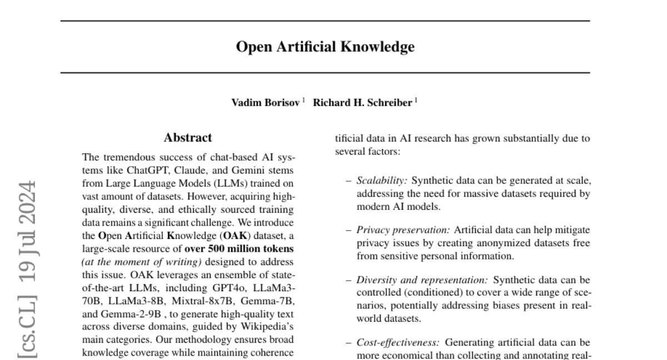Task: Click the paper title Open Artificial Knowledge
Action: tap(325, 47)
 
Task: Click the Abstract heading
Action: tap(188, 138)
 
